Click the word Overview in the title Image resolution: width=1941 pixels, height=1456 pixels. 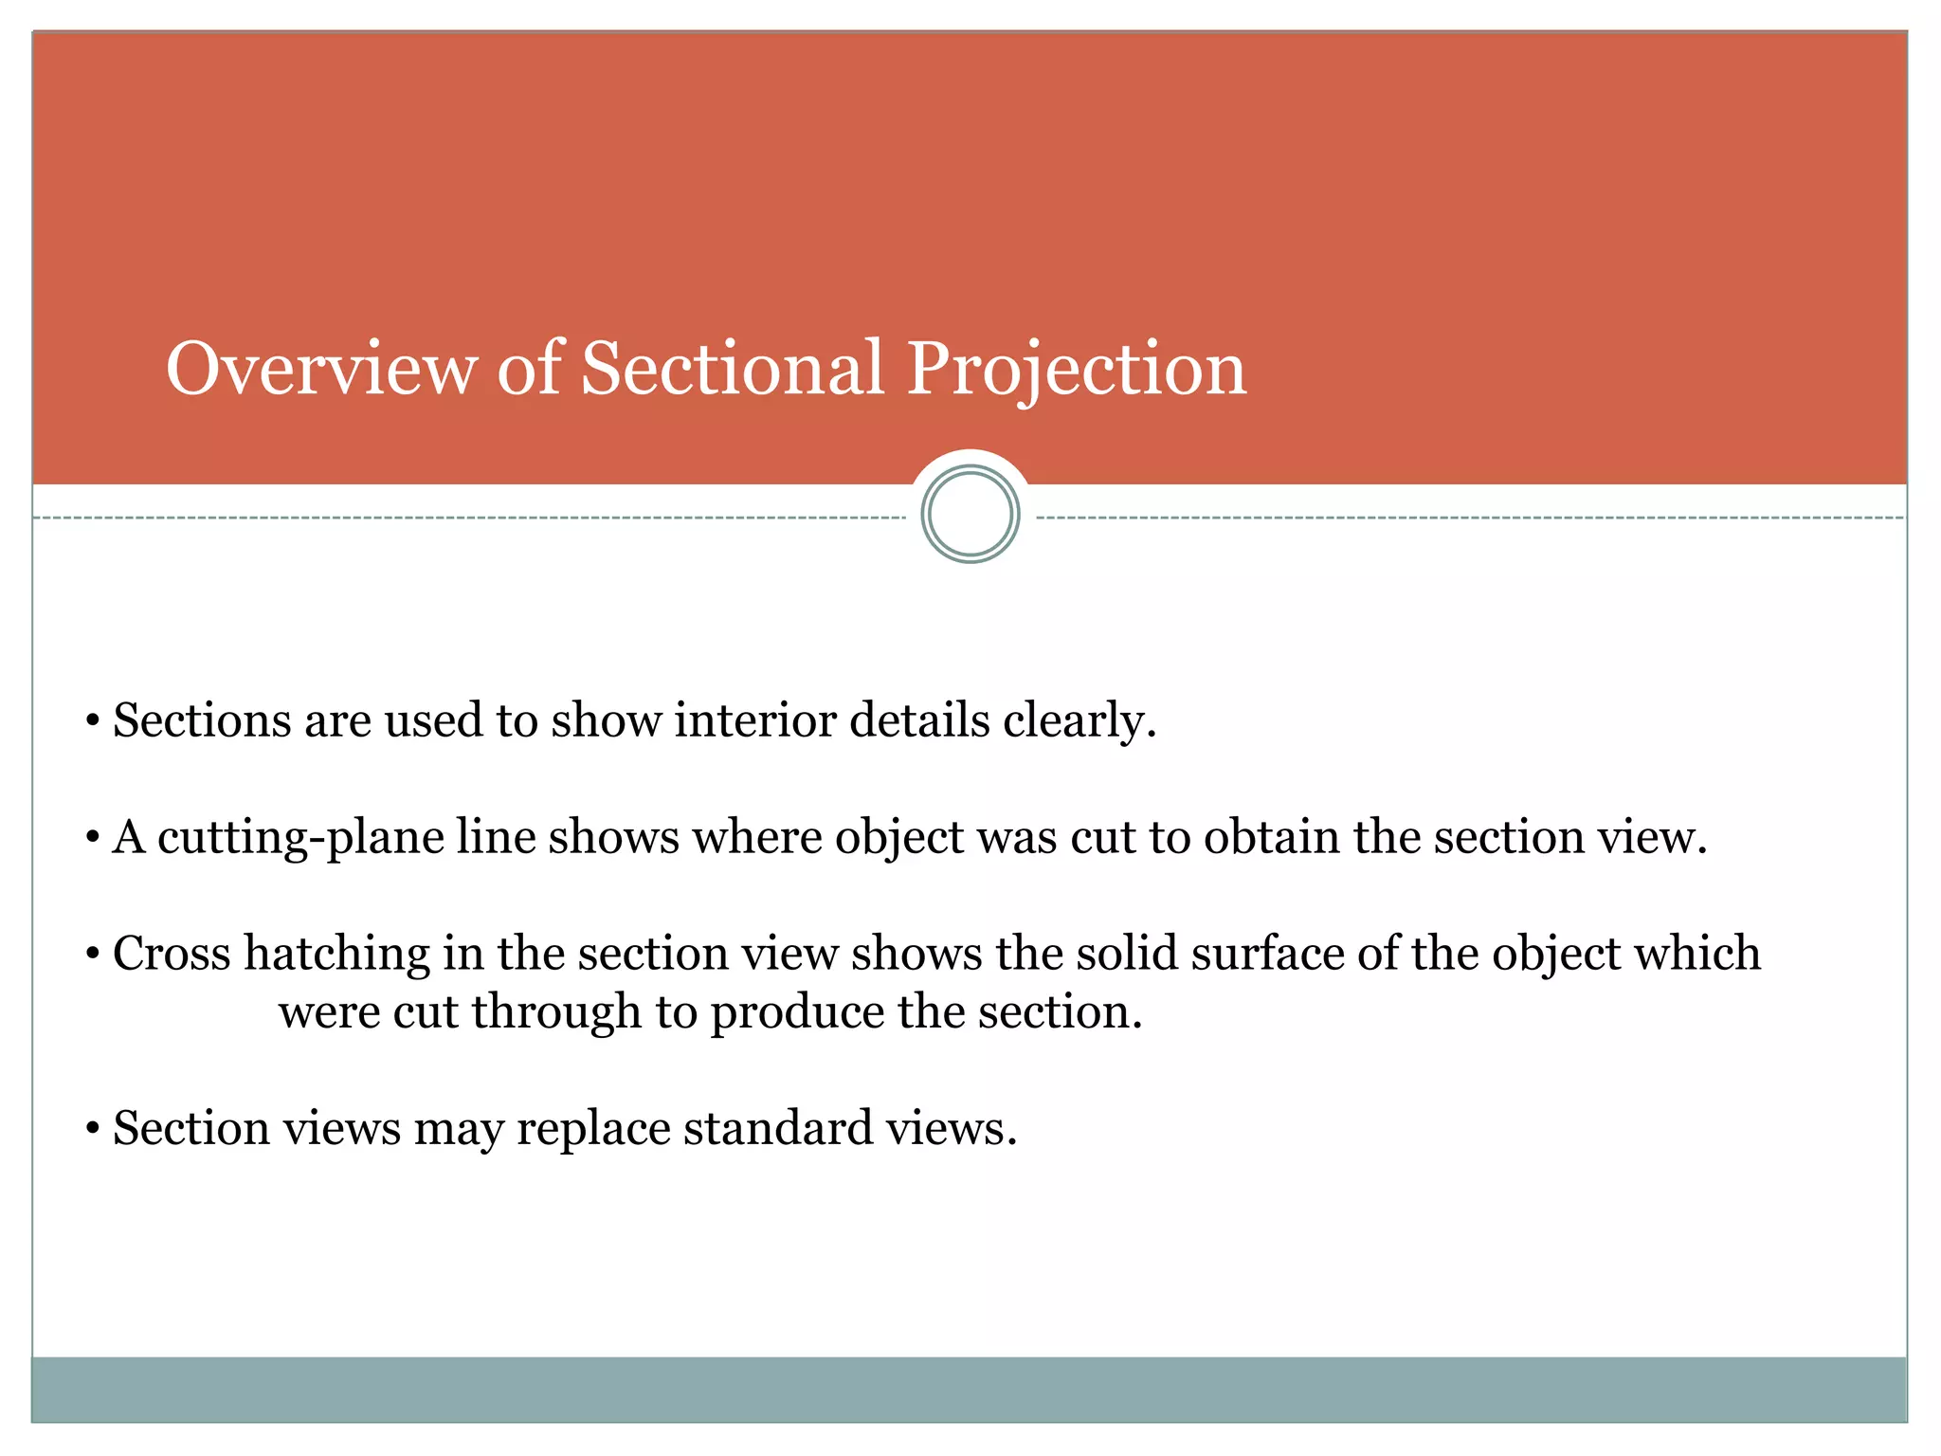point(321,368)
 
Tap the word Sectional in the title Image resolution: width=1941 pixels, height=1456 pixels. point(732,368)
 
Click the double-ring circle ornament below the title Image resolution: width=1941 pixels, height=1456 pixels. point(970,515)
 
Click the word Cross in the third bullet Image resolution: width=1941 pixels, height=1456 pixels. point(172,954)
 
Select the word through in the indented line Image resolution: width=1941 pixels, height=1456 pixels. point(556,1013)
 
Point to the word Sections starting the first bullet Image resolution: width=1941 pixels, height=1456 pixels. point(202,720)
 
